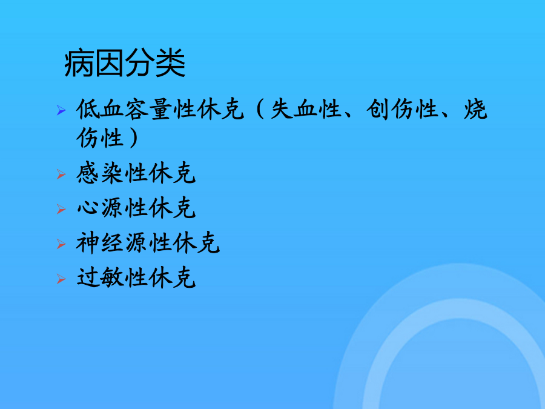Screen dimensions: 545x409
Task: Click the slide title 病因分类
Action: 124,63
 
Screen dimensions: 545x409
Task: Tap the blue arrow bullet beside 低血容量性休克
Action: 61,110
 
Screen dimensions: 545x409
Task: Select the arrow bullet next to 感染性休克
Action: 61,174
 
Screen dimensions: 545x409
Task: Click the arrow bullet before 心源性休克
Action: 61,209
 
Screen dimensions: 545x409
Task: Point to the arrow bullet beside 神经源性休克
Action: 61,244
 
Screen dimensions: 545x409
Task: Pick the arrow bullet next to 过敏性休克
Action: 61,279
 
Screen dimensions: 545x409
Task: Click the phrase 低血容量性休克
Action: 160,109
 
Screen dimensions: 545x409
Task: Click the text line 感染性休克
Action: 136,173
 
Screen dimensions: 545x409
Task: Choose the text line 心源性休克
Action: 136,208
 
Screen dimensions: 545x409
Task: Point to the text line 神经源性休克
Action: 148,243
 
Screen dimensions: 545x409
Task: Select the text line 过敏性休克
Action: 136,278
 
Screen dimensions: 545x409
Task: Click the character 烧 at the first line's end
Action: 475,109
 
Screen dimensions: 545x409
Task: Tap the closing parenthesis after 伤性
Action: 133,138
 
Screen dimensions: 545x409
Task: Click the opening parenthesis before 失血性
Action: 260,109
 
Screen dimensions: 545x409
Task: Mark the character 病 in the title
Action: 79,63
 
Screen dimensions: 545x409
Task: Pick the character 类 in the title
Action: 170,63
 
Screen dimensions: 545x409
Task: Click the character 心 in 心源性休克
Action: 88,208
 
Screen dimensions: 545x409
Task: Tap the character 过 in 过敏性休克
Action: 88,278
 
